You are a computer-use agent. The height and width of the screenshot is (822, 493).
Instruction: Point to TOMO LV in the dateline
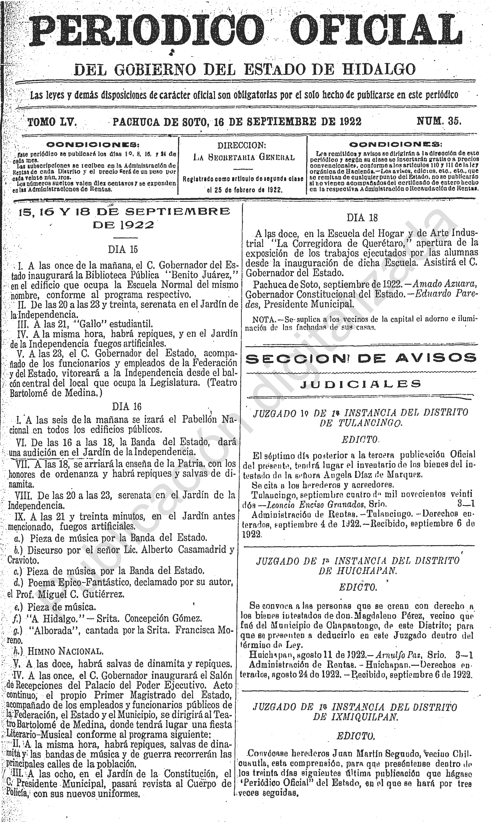point(52,122)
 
